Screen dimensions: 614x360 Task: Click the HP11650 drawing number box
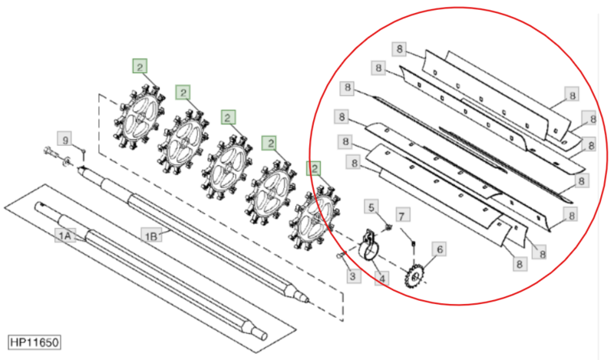pyautogui.click(x=35, y=342)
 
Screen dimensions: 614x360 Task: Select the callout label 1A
pyautogui.click(x=64, y=236)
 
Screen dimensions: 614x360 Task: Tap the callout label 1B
pyautogui.click(x=151, y=236)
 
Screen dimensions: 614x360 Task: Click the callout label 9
pyautogui.click(x=65, y=140)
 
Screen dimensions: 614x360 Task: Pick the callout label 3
pyautogui.click(x=353, y=276)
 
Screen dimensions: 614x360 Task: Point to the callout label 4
pyautogui.click(x=381, y=279)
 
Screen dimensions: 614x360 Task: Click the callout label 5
pyautogui.click(x=371, y=206)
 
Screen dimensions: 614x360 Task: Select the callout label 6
pyautogui.click(x=439, y=249)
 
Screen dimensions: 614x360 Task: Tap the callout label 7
pyautogui.click(x=401, y=216)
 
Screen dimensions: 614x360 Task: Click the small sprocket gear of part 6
pyautogui.click(x=413, y=277)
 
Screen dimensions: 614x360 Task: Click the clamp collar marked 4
pyautogui.click(x=368, y=246)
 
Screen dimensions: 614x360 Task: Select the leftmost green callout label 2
pyautogui.click(x=140, y=66)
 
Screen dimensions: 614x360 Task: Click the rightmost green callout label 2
pyautogui.click(x=314, y=168)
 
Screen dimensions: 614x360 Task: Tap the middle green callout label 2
pyautogui.click(x=228, y=117)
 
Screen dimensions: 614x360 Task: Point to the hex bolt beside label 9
pyautogui.click(x=50, y=151)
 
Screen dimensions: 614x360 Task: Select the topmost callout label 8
pyautogui.click(x=399, y=49)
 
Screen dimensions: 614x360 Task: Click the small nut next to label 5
pyautogui.click(x=388, y=227)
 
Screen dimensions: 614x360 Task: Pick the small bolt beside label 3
pyautogui.click(x=340, y=256)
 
